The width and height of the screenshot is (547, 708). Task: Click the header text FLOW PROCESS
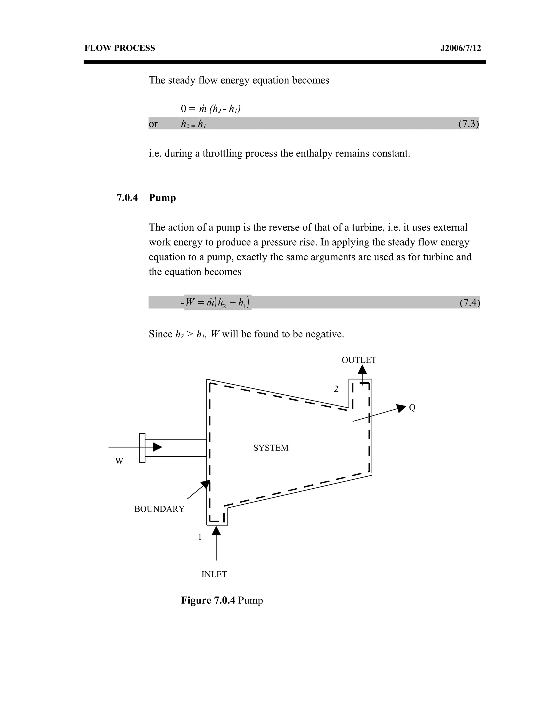click(120, 48)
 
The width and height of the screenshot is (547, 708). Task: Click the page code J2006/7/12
click(460, 48)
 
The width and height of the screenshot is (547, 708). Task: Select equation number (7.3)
click(468, 123)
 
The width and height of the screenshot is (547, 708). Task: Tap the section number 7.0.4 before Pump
click(127, 197)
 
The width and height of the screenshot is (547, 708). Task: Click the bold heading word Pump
click(162, 197)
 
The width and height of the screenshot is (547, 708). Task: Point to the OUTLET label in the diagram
click(359, 360)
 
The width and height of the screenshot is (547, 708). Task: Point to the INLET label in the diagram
click(214, 574)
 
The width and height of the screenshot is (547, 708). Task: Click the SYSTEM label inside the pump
click(271, 448)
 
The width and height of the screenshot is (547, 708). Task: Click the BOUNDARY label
click(159, 509)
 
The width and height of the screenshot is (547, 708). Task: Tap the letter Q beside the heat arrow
click(412, 408)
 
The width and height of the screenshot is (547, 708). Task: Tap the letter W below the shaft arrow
click(119, 461)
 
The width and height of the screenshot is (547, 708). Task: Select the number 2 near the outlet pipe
click(336, 389)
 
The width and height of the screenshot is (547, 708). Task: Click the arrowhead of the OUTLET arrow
click(362, 370)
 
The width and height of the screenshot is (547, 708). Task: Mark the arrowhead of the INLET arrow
click(216, 531)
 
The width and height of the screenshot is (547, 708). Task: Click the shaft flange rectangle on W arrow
click(142, 448)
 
